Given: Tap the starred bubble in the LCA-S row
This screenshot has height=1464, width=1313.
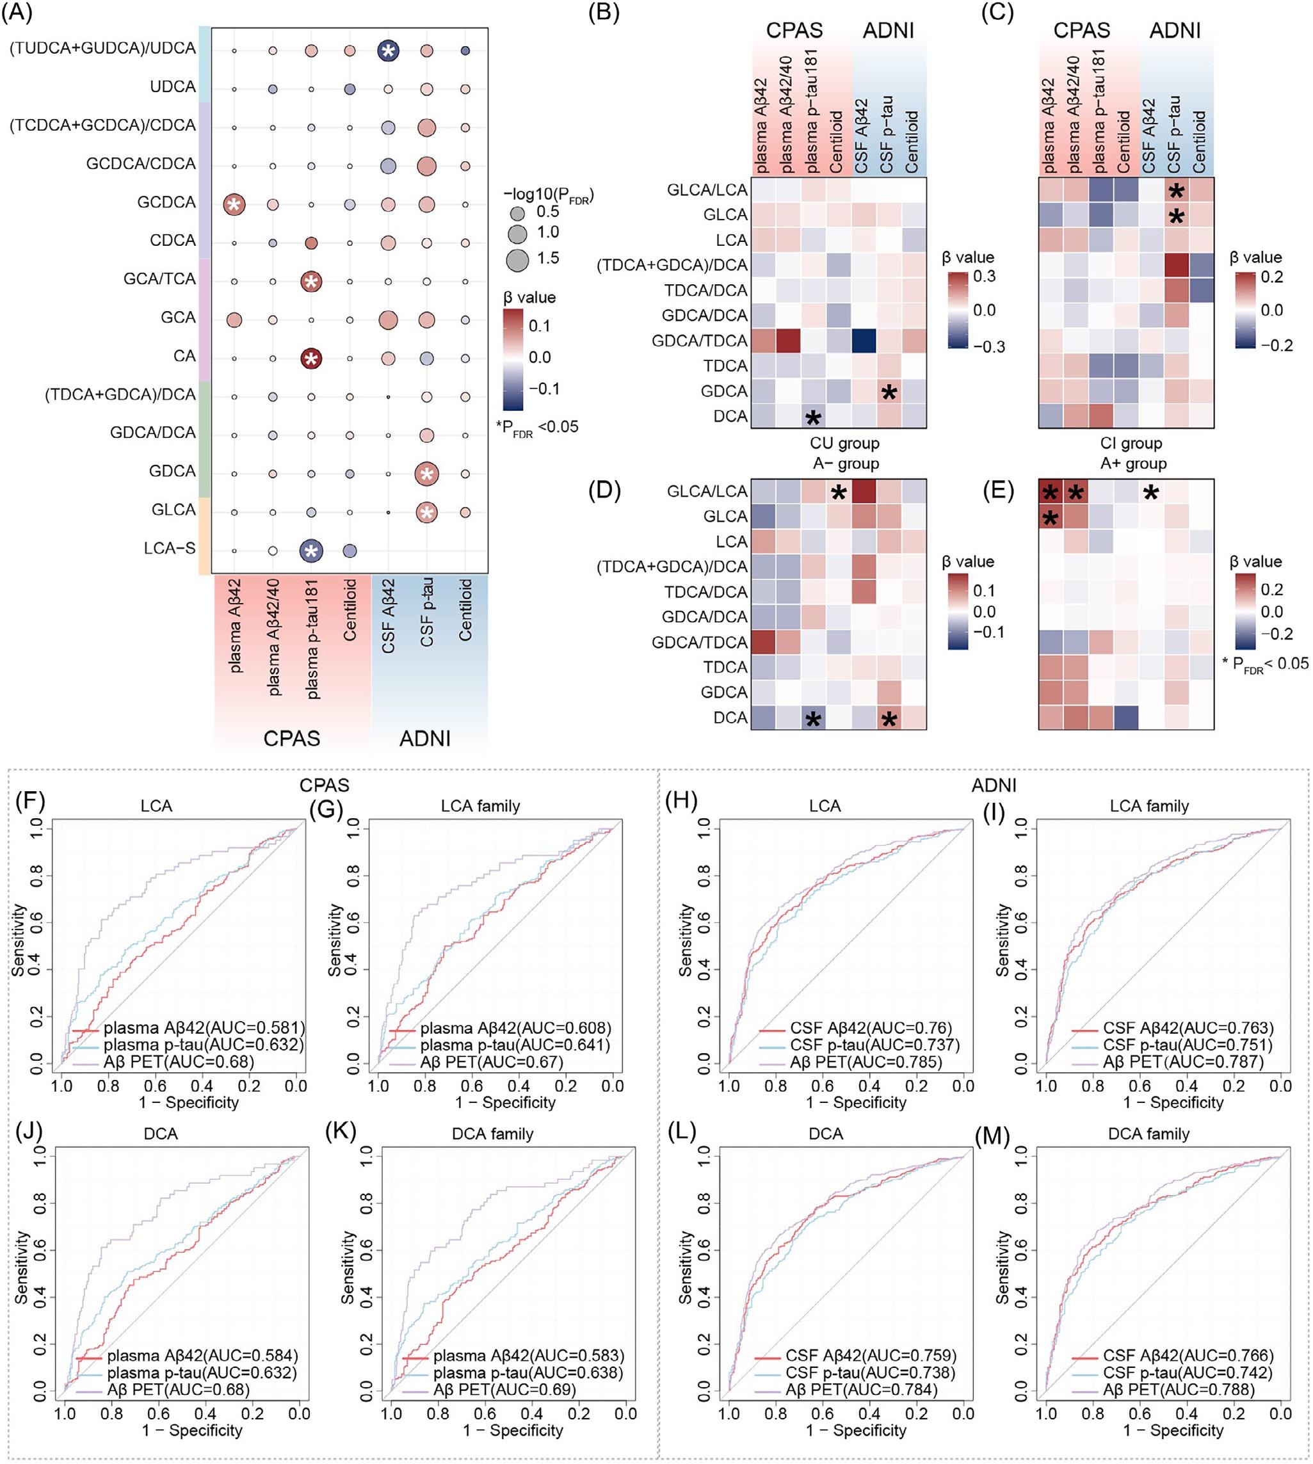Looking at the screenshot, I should click(x=311, y=551).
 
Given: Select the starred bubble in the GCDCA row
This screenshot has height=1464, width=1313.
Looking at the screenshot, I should click(x=233, y=205).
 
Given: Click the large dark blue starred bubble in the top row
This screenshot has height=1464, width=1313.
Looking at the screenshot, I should click(x=388, y=51).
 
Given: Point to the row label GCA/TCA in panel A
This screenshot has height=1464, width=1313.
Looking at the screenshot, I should click(x=159, y=278).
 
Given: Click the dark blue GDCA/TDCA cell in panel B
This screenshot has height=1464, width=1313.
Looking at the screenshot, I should click(x=865, y=341).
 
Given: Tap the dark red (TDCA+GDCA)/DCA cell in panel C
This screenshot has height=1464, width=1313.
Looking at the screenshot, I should click(x=1177, y=265).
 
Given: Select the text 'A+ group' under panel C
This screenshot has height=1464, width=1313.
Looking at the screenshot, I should click(x=1132, y=463).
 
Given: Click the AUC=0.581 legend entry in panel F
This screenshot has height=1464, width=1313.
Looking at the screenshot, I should click(x=204, y=1027).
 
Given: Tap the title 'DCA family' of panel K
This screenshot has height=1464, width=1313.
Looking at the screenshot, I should click(x=493, y=1134).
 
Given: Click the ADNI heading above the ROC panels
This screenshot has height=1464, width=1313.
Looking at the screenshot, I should click(x=994, y=785).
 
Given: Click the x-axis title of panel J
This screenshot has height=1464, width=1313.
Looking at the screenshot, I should click(x=192, y=1429).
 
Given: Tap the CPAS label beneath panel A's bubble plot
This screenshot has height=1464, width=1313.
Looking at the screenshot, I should click(x=291, y=738).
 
